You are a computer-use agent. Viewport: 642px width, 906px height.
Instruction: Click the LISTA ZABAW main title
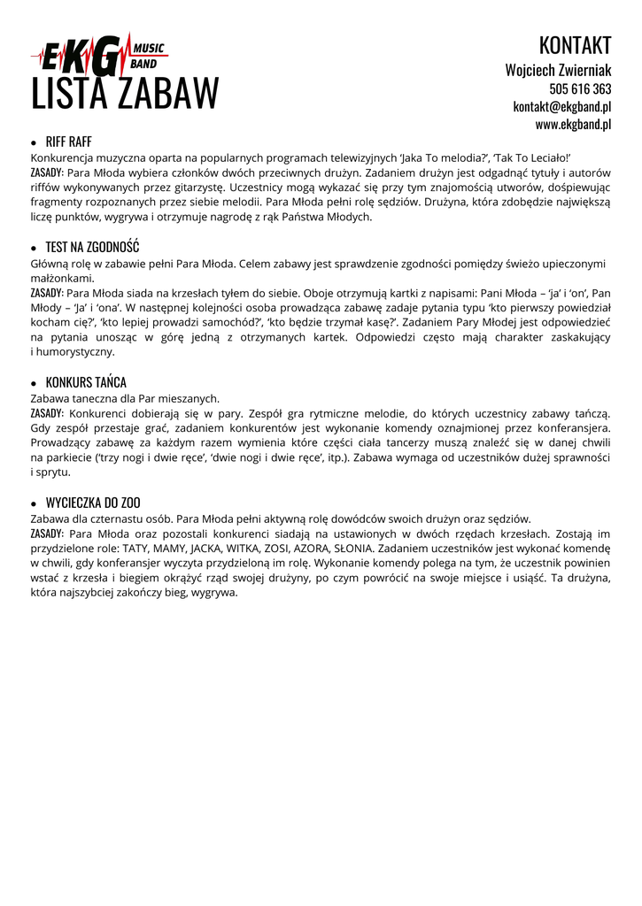coord(125,94)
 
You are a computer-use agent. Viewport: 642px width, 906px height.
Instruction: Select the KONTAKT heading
coord(575,45)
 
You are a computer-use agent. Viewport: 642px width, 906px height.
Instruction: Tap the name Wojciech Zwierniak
coord(558,69)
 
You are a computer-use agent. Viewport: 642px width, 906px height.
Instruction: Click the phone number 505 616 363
coord(580,88)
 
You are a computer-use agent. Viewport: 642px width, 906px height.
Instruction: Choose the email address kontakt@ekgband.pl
coord(562,106)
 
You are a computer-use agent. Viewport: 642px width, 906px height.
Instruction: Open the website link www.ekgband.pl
coord(573,125)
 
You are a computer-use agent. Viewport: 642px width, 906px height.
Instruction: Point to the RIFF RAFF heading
coord(68,142)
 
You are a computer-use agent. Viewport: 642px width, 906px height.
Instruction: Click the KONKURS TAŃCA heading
coord(86,382)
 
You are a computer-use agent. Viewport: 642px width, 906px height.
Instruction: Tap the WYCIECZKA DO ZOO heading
coord(93,503)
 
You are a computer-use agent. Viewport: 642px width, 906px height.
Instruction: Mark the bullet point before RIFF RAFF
coord(34,142)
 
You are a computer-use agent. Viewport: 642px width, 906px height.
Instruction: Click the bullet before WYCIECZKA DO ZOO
coord(34,503)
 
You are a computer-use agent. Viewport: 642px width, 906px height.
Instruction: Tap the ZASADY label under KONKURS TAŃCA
coord(46,413)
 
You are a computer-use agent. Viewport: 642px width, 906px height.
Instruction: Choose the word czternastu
coord(108,518)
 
